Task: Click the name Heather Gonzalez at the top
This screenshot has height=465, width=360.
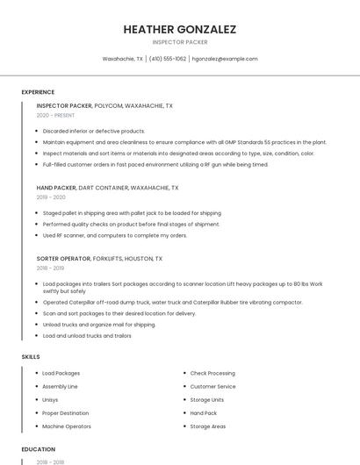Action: (180, 29)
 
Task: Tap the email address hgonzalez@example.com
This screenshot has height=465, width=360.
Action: (225, 59)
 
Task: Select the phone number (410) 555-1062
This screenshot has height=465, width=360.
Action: (168, 59)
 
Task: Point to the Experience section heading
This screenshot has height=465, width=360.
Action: (38, 92)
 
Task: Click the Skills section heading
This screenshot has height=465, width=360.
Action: (31, 357)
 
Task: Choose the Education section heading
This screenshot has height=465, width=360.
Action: (38, 449)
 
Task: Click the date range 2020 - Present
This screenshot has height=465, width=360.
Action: (57, 115)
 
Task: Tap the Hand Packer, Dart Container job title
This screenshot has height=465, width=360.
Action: (107, 188)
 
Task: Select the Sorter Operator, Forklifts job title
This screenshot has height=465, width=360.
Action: (99, 259)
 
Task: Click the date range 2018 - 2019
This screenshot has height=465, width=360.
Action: (51, 268)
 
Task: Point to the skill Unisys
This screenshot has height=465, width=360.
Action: (52, 399)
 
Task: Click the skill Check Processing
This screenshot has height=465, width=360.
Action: (212, 373)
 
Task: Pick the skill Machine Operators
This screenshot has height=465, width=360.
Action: (67, 426)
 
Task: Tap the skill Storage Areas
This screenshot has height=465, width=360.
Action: (208, 426)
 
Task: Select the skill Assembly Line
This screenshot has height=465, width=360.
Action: (61, 386)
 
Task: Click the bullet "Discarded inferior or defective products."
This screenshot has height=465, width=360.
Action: (94, 131)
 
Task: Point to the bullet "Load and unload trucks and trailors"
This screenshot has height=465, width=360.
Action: (87, 335)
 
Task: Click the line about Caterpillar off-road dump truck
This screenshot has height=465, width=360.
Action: (172, 302)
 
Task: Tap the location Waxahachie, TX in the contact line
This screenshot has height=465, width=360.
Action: (123, 59)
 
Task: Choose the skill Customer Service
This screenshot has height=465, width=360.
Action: (213, 386)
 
